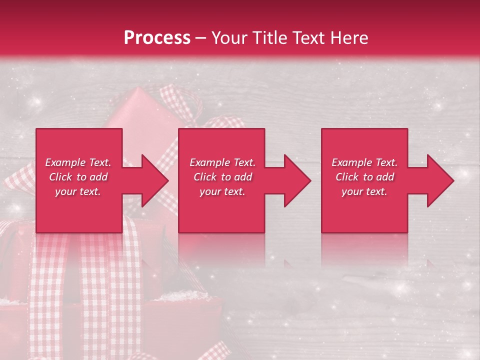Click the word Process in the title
(x=157, y=38)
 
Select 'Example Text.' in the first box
(x=78, y=162)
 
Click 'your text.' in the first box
(x=78, y=191)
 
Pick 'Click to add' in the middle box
(x=222, y=177)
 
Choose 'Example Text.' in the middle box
(x=222, y=162)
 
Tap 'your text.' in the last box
(x=364, y=191)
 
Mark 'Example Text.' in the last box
(x=364, y=162)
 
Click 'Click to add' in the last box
(x=364, y=177)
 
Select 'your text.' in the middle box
(x=222, y=191)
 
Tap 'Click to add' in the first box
(x=78, y=177)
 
